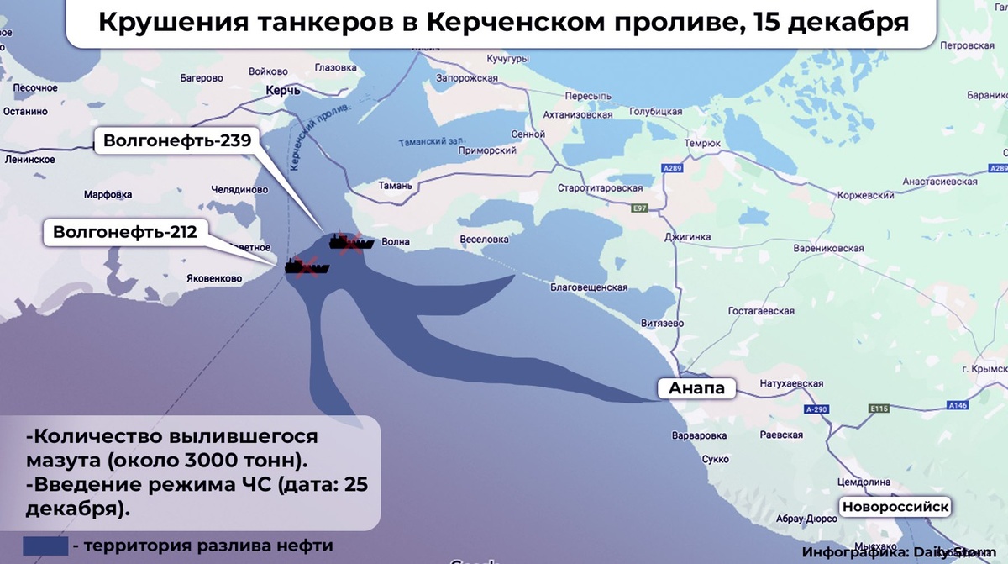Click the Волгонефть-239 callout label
click(x=177, y=140)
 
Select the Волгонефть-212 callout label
click(x=124, y=231)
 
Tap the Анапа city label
click(x=696, y=388)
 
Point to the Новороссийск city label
click(x=895, y=507)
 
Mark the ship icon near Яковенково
click(x=307, y=267)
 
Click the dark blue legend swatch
click(x=45, y=546)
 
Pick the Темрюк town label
click(x=702, y=144)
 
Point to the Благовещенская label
click(x=589, y=287)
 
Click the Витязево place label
click(x=662, y=323)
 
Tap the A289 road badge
click(x=671, y=169)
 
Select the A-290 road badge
click(x=816, y=409)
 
